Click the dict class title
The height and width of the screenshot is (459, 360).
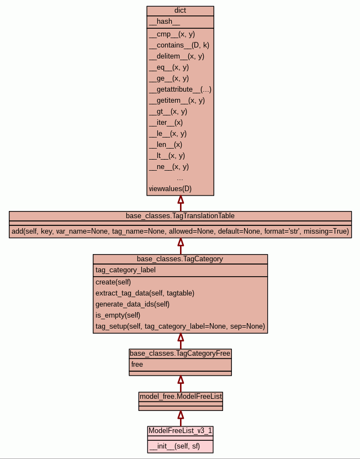[x=180, y=10]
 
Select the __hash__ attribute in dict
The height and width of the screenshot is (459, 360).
[x=165, y=22]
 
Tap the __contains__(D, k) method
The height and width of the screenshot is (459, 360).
[x=179, y=45]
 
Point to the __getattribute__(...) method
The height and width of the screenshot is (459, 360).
[x=180, y=89]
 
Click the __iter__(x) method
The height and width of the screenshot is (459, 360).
[x=166, y=123]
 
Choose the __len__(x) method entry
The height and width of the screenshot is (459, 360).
[x=166, y=145]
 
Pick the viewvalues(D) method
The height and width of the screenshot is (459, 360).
[x=170, y=189]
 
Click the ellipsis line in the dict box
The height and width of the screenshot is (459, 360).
[x=180, y=178]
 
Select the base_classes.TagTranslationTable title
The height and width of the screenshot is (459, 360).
[x=180, y=215]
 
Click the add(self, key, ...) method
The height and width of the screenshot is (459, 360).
[x=180, y=231]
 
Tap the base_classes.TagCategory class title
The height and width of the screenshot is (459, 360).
[x=180, y=258]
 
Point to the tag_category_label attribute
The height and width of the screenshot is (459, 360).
[x=125, y=270]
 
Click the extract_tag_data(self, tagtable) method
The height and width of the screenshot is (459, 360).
[x=145, y=293]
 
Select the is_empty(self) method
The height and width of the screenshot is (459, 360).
[x=118, y=315]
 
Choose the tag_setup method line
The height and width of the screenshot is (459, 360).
[x=180, y=326]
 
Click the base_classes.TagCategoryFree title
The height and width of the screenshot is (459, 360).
[x=180, y=354]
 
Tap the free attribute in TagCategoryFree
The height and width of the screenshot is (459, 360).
[x=137, y=365]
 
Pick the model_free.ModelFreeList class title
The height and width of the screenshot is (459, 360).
[x=181, y=397]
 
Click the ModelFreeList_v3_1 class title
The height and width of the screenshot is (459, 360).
[x=181, y=430]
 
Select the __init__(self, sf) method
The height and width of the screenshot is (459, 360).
[x=174, y=447]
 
